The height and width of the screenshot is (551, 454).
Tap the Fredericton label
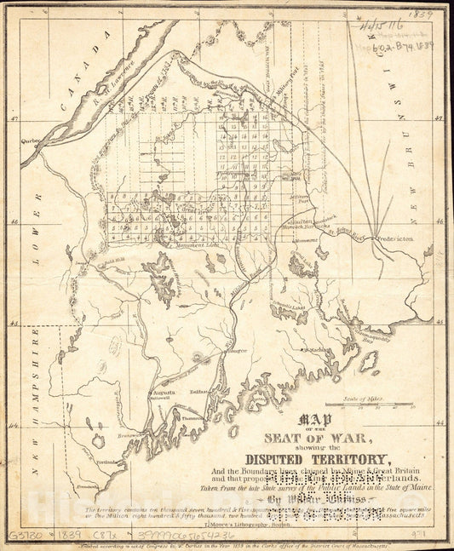tap(394, 241)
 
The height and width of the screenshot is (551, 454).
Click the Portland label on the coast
tap(108, 463)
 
